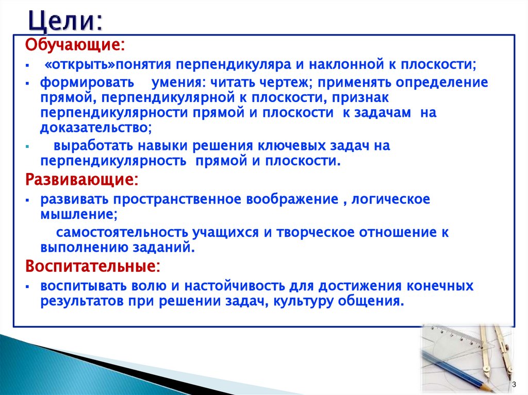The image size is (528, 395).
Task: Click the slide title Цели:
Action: pos(64,21)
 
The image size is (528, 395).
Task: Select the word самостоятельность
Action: pos(122,232)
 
